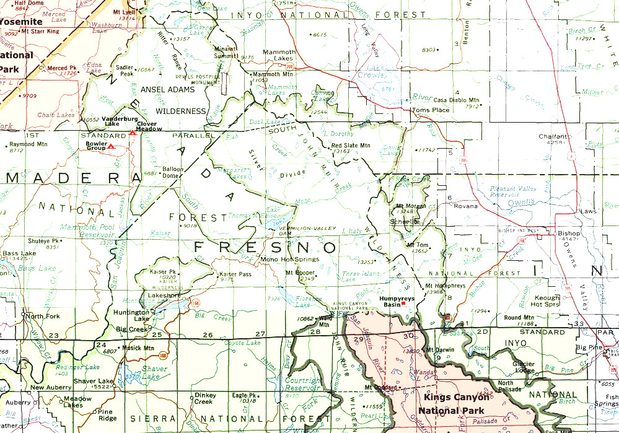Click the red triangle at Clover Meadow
[132, 133]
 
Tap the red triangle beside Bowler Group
[111, 147]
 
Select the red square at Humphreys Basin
[403, 304]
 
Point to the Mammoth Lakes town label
[279, 55]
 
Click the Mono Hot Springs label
[289, 259]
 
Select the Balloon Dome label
[173, 172]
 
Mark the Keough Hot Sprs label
[545, 301]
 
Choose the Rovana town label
[467, 206]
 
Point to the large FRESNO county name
[266, 247]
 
